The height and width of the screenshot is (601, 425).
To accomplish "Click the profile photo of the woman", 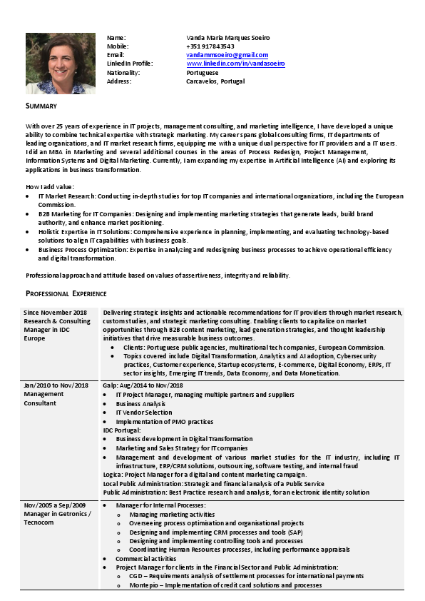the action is pyautogui.click(x=61, y=64).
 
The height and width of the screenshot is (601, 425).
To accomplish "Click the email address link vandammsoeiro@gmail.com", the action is pyautogui.click(x=227, y=55).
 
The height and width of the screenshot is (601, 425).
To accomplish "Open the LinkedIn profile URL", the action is pyautogui.click(x=235, y=64).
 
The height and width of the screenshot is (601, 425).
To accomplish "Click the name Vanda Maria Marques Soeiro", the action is pyautogui.click(x=227, y=37).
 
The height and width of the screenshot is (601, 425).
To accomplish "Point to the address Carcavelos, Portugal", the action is pyautogui.click(x=215, y=81).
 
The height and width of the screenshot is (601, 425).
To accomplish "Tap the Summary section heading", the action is pyautogui.click(x=41, y=106).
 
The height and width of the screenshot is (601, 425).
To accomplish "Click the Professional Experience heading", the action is pyautogui.click(x=66, y=293).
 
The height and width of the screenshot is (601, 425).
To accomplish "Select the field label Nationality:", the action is pyautogui.click(x=123, y=73).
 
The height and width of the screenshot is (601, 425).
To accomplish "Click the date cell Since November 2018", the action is pyautogui.click(x=55, y=313).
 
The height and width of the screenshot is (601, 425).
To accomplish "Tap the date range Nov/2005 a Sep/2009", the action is pyautogui.click(x=57, y=505).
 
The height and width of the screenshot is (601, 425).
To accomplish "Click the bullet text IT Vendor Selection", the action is pyautogui.click(x=143, y=413).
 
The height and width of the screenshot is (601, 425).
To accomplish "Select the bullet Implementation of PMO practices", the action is pyautogui.click(x=165, y=421).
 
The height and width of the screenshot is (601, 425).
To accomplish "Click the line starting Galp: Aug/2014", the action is pyautogui.click(x=143, y=386).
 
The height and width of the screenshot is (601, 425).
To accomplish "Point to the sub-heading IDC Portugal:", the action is pyautogui.click(x=122, y=430).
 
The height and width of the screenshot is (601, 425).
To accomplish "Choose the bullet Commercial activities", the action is pyautogui.click(x=146, y=558).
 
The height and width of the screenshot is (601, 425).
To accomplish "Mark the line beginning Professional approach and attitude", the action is pyautogui.click(x=158, y=276).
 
